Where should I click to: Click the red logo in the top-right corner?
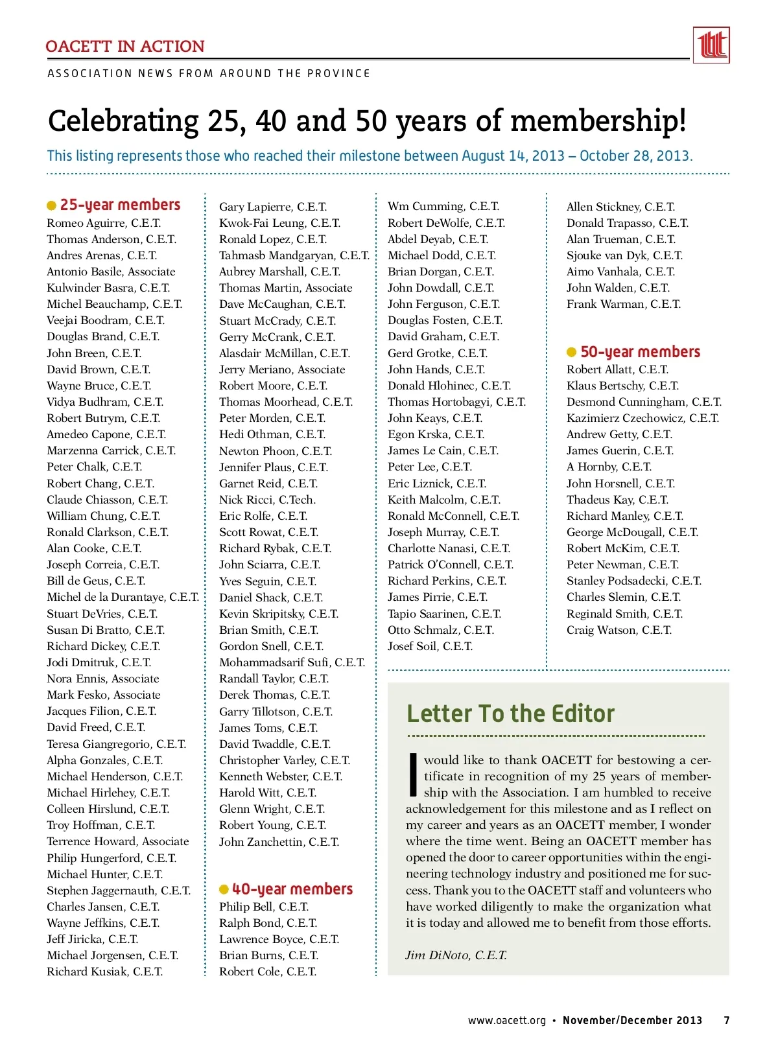(x=711, y=45)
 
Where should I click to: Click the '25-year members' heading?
(x=120, y=205)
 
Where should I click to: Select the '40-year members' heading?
(x=292, y=889)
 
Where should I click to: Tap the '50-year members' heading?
(x=640, y=352)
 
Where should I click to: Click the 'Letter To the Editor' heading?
(x=510, y=714)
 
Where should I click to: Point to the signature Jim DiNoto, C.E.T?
(x=456, y=955)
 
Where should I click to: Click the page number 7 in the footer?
(x=727, y=1020)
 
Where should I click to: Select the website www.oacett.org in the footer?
(x=507, y=1020)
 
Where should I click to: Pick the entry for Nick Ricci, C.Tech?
(x=267, y=500)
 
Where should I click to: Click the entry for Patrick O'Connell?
(x=451, y=565)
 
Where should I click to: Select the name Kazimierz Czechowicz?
(x=642, y=418)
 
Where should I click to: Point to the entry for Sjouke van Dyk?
(x=624, y=255)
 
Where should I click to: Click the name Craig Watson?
(x=619, y=630)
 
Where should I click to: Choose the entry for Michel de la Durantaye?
(x=123, y=597)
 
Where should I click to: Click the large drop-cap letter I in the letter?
(x=413, y=774)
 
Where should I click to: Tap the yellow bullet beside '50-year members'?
(x=571, y=353)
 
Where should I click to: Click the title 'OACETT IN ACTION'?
(x=125, y=47)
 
